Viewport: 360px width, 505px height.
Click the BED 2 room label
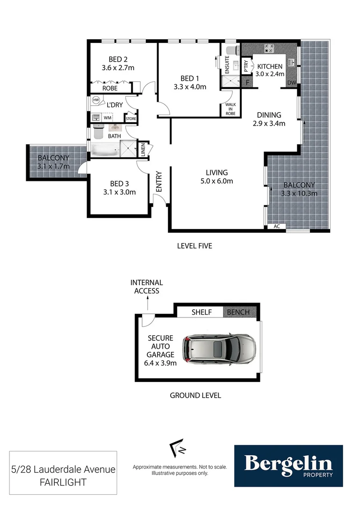point(118,59)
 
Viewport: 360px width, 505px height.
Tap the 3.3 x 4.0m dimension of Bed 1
point(189,87)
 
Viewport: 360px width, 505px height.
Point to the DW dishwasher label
point(291,83)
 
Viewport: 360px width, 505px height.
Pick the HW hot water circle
point(96,100)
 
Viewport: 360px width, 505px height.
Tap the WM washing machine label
point(108,118)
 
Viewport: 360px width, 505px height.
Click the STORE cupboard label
point(130,119)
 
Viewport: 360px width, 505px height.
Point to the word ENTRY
point(159,181)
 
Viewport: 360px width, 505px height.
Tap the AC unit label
point(277,226)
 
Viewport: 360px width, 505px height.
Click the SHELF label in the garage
point(202,312)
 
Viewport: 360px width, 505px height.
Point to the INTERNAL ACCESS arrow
point(147,303)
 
